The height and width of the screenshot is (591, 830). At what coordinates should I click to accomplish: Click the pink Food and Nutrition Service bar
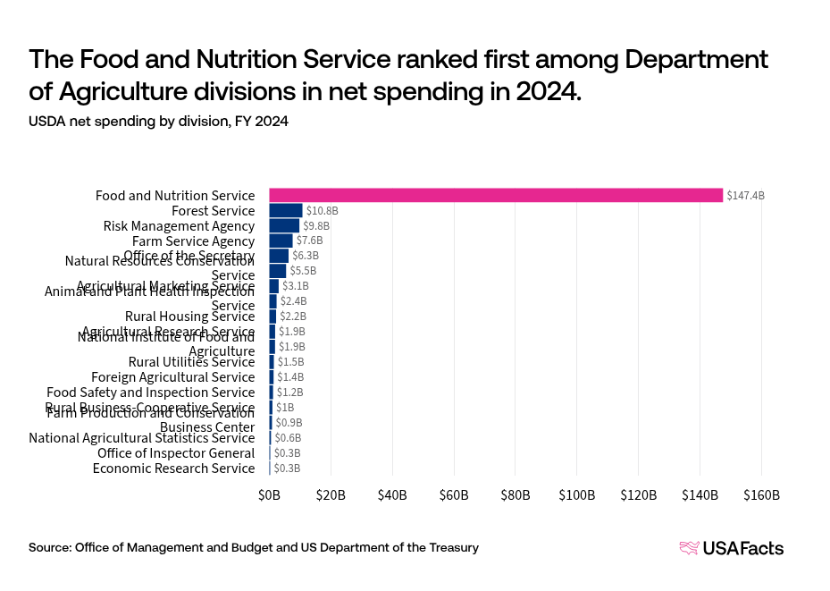point(496,195)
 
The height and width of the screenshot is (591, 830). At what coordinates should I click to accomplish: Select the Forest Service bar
point(286,210)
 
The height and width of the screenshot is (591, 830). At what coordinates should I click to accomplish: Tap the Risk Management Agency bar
point(284,225)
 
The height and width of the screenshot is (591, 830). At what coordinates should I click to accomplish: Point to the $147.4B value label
point(745,195)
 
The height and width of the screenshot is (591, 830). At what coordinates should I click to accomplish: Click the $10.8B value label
point(322,210)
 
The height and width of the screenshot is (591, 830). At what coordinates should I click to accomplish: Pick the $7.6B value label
point(309,241)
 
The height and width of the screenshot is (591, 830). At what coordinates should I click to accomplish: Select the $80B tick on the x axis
point(516,494)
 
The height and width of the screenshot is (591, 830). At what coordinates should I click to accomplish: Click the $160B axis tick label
point(761,494)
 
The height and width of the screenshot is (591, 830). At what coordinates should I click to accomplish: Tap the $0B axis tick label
point(269,494)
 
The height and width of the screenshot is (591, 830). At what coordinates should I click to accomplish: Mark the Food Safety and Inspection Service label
point(150,392)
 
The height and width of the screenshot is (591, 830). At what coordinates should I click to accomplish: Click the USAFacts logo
point(731,548)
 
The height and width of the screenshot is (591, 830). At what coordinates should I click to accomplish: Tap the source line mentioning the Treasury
point(253,547)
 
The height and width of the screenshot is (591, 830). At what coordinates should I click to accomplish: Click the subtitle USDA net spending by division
point(158,122)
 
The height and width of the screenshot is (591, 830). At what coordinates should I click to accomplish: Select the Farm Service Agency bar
point(281,241)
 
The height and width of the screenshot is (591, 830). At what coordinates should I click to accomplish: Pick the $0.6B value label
point(287,437)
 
